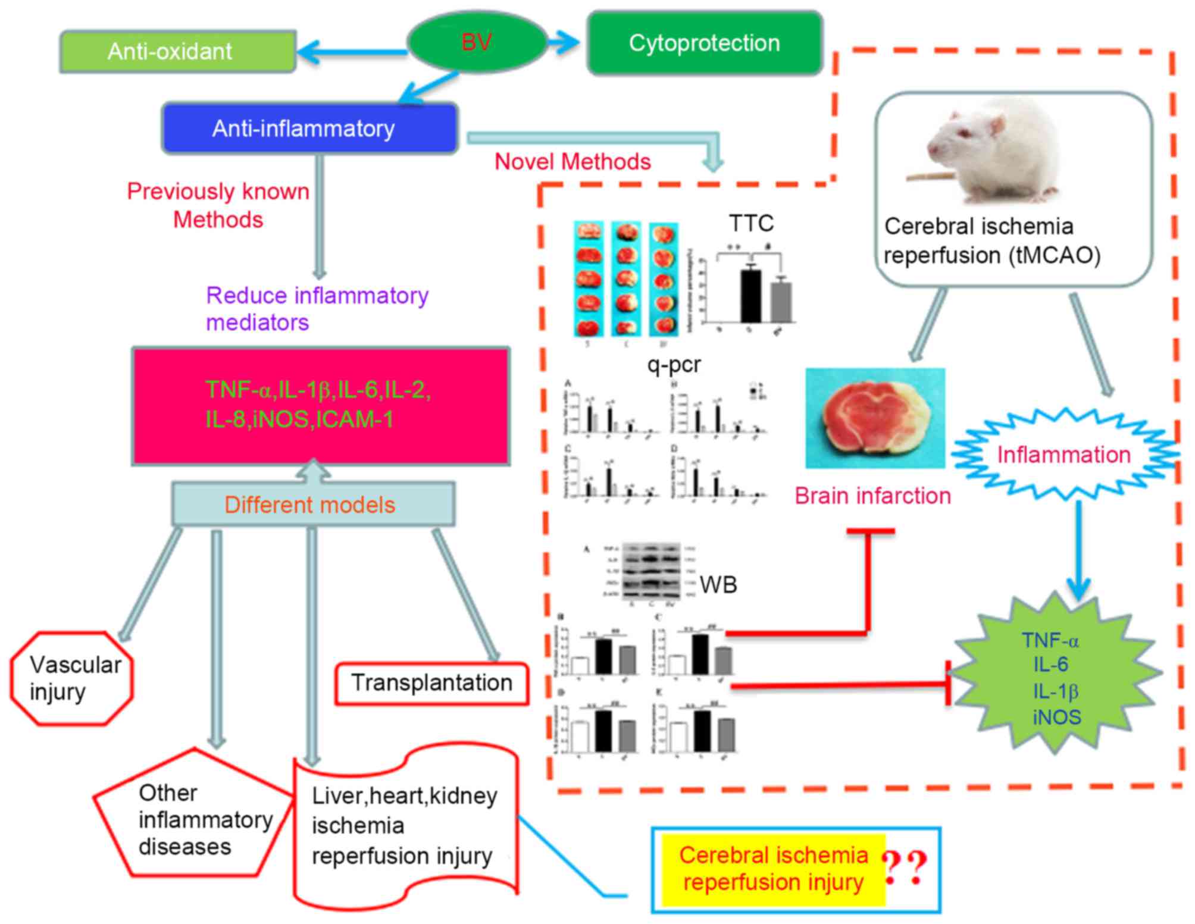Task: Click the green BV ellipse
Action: (477, 42)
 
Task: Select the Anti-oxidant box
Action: (177, 52)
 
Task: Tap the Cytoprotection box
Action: (705, 43)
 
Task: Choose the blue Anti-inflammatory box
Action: (309, 129)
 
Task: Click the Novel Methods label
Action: (573, 162)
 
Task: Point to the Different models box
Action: (312, 505)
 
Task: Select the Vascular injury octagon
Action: (72, 678)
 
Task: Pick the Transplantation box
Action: (431, 683)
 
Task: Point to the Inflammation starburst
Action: (1064, 455)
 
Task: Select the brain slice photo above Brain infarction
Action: (875, 418)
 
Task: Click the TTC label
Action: (751, 224)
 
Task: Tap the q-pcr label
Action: (674, 364)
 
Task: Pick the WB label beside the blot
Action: (718, 585)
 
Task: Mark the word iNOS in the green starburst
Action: (1057, 717)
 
